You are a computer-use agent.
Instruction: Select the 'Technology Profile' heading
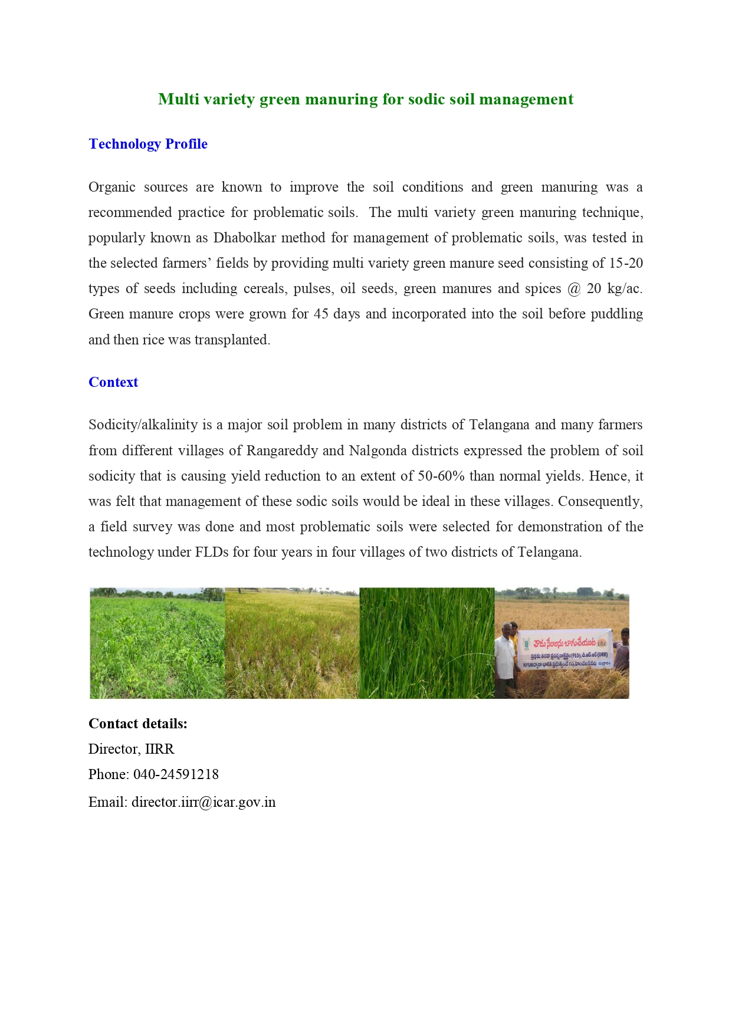(x=147, y=144)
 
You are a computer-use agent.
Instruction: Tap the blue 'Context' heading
(x=113, y=382)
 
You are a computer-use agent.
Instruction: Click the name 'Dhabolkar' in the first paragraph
(x=245, y=238)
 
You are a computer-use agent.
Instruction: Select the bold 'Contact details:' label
(x=138, y=724)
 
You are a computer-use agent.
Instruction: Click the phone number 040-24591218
(x=176, y=774)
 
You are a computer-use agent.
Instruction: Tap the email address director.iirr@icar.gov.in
(x=203, y=802)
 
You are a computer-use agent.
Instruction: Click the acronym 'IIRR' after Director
(x=159, y=749)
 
